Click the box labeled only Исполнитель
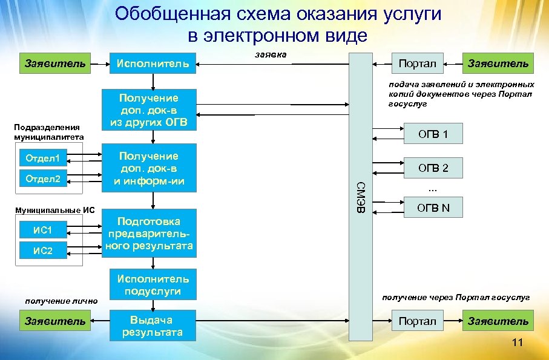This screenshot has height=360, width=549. (x=153, y=63)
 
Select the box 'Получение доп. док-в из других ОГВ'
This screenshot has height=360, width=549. (x=149, y=110)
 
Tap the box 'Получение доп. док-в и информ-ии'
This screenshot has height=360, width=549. (x=149, y=168)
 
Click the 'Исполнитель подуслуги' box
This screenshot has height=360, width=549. (x=153, y=284)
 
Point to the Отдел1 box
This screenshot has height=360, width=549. (x=43, y=160)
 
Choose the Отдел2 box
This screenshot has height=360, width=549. (x=43, y=178)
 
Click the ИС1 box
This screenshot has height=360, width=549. (x=43, y=231)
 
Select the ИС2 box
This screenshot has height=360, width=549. (x=43, y=250)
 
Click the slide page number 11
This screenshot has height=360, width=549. (x=516, y=343)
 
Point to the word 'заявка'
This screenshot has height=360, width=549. (x=271, y=55)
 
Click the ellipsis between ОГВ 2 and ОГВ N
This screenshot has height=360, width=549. (x=432, y=188)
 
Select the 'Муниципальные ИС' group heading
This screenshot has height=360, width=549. (x=56, y=210)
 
